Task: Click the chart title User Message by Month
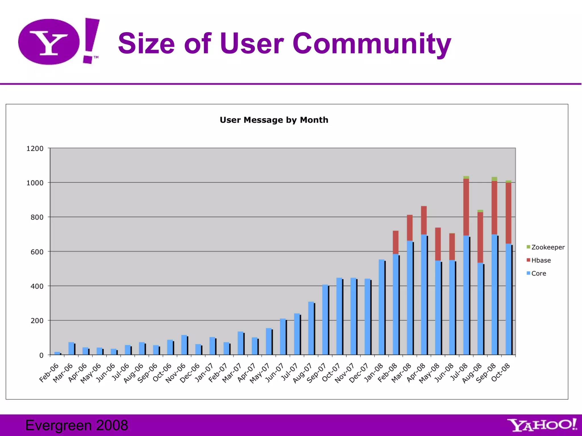point(274,120)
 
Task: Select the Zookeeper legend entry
point(546,247)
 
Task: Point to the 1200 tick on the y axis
point(35,148)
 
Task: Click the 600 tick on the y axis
point(37,252)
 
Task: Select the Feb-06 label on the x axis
point(49,373)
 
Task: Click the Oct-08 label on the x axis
point(501,372)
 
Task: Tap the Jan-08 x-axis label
point(374,373)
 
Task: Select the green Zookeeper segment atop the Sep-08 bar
point(494,179)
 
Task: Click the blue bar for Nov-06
point(184,345)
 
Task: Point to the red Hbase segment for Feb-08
point(396,242)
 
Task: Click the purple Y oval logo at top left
point(49,42)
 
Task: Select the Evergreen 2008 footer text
point(77,425)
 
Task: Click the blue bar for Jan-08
point(381,307)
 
